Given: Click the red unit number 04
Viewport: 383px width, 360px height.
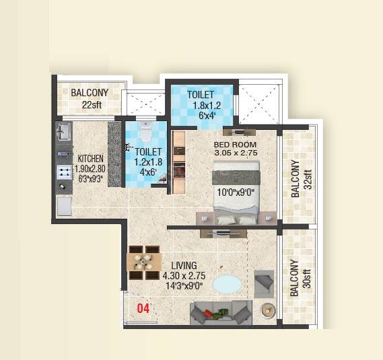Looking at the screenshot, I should click(143, 309).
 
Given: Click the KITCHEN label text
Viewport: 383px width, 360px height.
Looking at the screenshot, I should click(90, 159).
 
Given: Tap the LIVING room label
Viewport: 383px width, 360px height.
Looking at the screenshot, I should click(183, 265).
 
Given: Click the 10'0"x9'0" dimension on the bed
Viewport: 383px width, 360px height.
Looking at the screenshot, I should click(235, 192).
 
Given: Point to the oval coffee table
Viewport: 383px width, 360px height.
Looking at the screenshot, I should click(231, 284).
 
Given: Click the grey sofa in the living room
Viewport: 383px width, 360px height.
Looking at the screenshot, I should click(221, 312).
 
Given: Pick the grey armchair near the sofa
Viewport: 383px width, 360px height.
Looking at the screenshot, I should click(264, 283).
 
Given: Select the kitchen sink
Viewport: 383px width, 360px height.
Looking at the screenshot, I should click(65, 130).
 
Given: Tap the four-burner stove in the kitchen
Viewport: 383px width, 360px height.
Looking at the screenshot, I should click(65, 173).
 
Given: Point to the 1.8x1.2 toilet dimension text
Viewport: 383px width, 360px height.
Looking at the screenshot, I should click(201, 106).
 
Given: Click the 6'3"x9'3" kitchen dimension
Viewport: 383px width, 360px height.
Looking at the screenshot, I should click(90, 179).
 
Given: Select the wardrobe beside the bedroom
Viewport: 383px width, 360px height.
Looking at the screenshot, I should click(179, 161).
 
